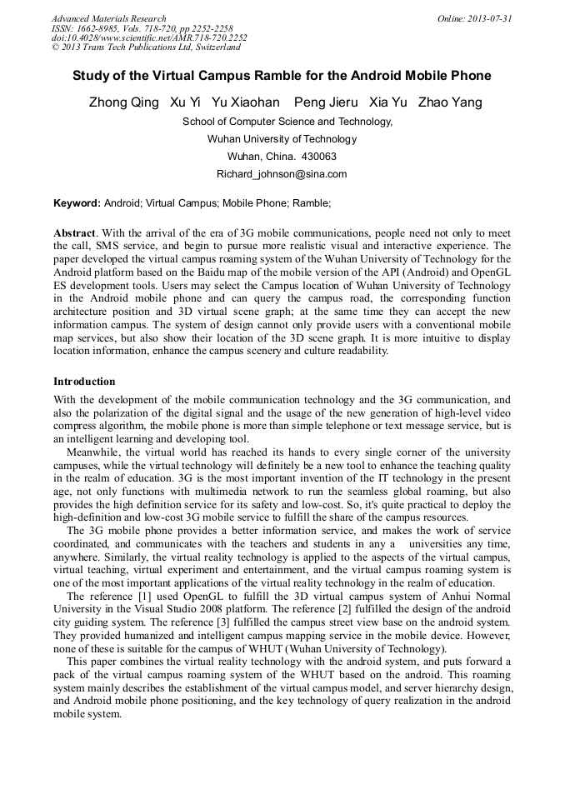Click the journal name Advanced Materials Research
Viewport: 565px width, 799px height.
pos(108,18)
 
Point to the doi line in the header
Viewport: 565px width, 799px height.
pos(149,38)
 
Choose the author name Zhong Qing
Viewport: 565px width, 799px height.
pos(123,103)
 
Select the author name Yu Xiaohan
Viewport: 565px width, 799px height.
pos(246,103)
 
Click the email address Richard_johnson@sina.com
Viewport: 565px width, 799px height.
pos(282,174)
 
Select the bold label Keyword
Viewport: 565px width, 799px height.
pos(77,203)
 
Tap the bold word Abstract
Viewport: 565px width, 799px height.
pos(74,234)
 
